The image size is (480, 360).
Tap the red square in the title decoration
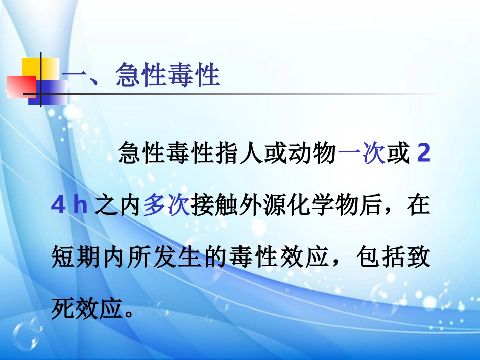(x=20, y=86)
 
